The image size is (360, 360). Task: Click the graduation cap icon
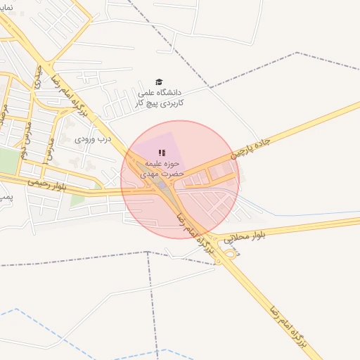click(x=159, y=82)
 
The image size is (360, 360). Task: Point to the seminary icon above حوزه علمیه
click(x=162, y=153)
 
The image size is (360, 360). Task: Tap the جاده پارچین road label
click(x=250, y=148)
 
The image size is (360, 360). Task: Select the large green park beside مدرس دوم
click(x=8, y=160)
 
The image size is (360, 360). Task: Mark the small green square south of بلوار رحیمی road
click(x=77, y=200)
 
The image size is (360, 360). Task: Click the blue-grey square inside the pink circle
click(x=162, y=185)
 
